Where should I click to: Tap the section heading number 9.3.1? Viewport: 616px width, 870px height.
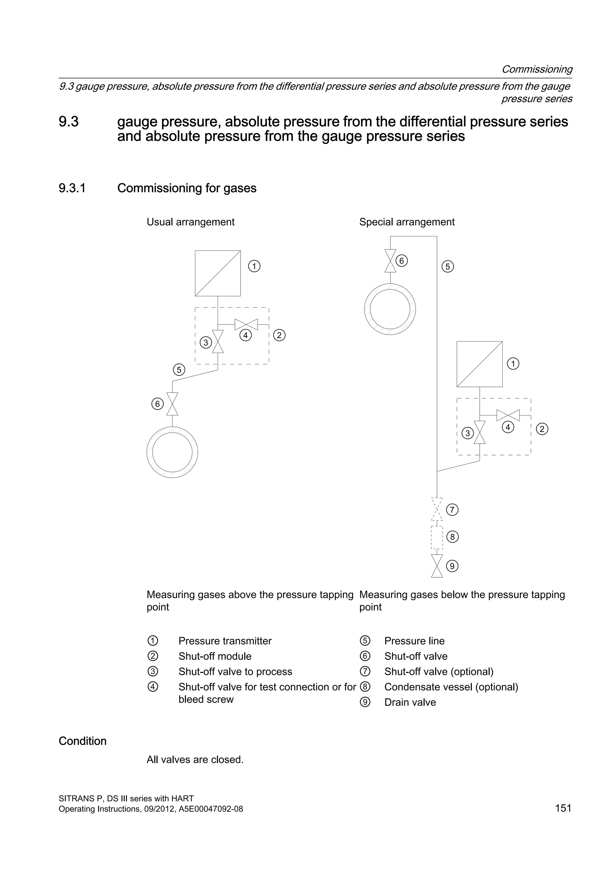pos(72,188)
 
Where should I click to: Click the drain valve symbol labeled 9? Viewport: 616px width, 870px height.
pos(437,566)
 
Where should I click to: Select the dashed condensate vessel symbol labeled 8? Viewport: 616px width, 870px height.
pos(437,537)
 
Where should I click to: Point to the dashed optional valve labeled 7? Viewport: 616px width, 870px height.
pos(437,509)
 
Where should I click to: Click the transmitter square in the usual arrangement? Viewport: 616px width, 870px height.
pos(218,273)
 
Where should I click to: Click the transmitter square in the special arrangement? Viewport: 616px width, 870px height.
pos(479,364)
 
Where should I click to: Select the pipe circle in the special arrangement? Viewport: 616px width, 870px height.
pos(390,309)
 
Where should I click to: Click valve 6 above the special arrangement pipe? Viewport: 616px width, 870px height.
pos(390,261)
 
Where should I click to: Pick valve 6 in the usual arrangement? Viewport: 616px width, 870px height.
pos(173,404)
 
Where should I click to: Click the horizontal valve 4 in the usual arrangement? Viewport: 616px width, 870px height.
pos(246,324)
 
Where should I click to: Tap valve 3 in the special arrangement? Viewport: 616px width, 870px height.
pos(480,432)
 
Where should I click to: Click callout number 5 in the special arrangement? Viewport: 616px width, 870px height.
pos(448,267)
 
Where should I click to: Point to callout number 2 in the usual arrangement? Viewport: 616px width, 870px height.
pos(279,335)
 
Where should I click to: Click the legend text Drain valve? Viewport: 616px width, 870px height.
pos(410,702)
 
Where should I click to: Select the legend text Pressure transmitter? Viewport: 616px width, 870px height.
pos(225,641)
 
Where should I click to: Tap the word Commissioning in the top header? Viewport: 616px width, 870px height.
pos(537,69)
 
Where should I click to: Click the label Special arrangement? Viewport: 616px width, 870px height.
pos(407,222)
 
